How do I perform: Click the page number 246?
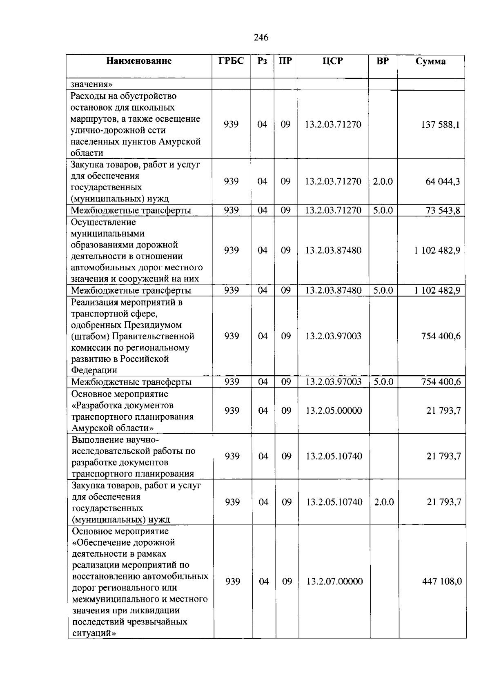pyautogui.click(x=261, y=38)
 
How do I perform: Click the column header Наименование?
pyautogui.click(x=139, y=61)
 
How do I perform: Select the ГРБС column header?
pyautogui.click(x=231, y=61)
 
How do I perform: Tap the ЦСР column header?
pyautogui.click(x=332, y=61)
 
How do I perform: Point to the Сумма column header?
pyautogui.click(x=430, y=62)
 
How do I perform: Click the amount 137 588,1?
pyautogui.click(x=440, y=125)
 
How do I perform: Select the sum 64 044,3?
pyautogui.click(x=443, y=181)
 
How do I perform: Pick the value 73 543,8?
pyautogui.click(x=443, y=210)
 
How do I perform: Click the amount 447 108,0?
pyautogui.click(x=442, y=581)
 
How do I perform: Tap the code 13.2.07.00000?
pyautogui.click(x=334, y=581)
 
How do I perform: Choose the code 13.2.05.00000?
pyautogui.click(x=334, y=410)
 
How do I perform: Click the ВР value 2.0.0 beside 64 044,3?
pyautogui.click(x=383, y=181)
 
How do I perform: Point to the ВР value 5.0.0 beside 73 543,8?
pyautogui.click(x=383, y=210)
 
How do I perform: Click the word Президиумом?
pyautogui.click(x=152, y=325)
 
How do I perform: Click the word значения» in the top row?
pyautogui.click(x=91, y=85)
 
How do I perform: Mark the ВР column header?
pyautogui.click(x=383, y=61)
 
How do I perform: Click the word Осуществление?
pyautogui.click(x=103, y=222)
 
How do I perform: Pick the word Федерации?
pyautogui.click(x=94, y=370)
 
